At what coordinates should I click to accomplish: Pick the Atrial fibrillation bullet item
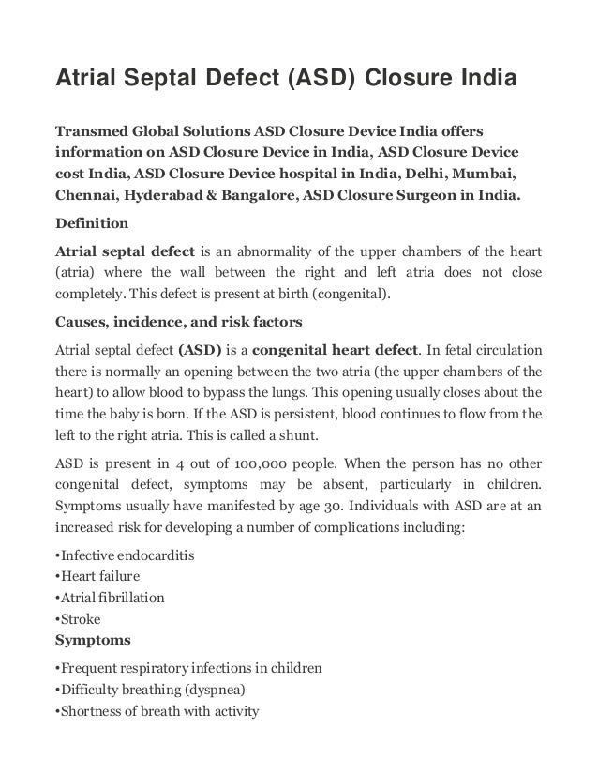coord(111,598)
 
